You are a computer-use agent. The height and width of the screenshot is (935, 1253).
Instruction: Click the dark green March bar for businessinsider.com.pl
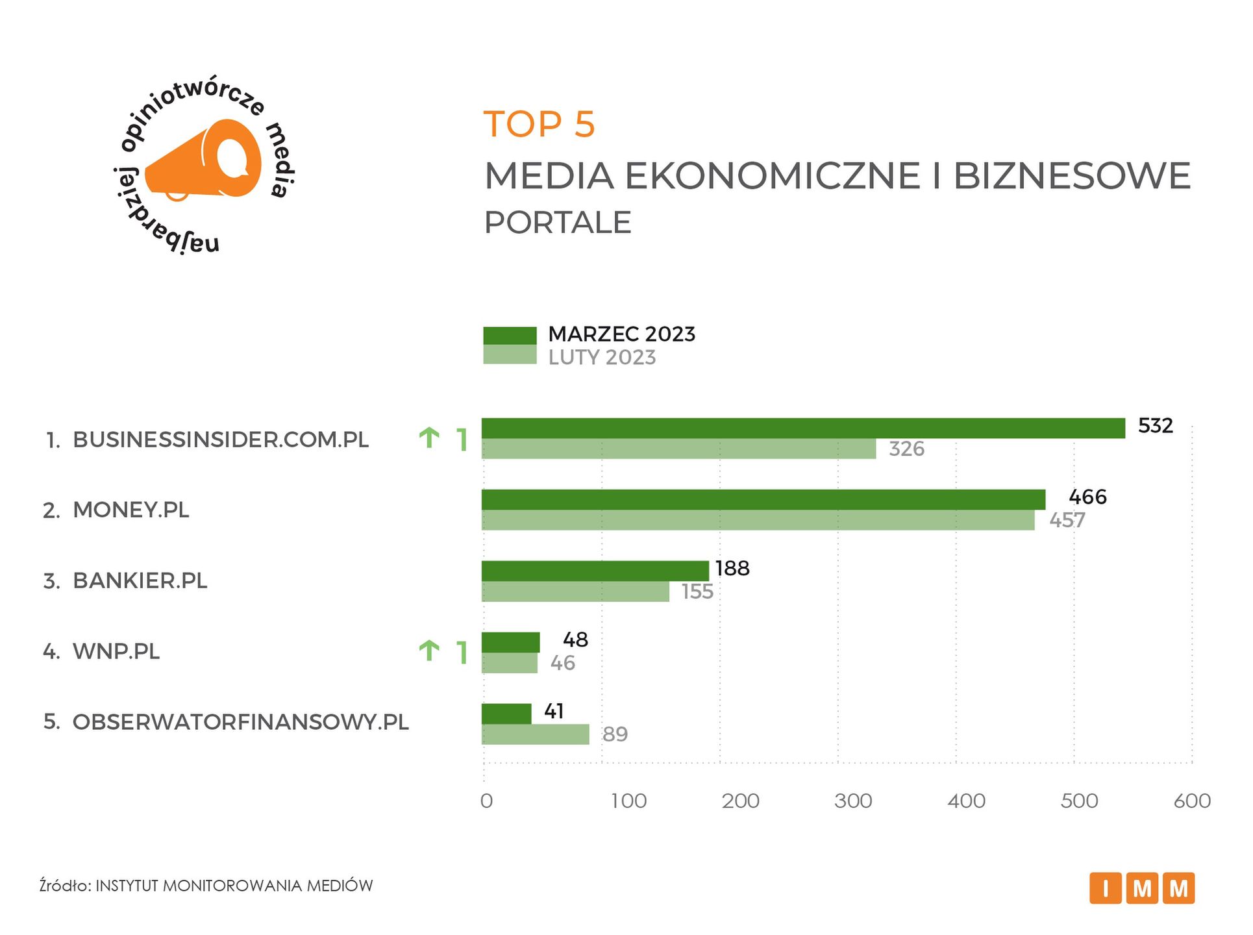coord(803,429)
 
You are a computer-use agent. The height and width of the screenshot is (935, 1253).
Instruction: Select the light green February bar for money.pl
coord(758,521)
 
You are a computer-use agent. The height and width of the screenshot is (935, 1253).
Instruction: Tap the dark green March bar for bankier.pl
coord(595,571)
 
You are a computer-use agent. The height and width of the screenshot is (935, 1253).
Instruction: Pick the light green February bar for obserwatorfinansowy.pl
coord(535,734)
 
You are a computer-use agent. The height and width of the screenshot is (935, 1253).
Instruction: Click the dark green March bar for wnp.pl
coord(510,642)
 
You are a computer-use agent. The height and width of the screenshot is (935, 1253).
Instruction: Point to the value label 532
coord(1156,426)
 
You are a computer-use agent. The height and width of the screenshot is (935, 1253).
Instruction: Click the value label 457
coord(1067,521)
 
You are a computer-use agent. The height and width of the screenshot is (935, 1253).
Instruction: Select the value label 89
coord(615,734)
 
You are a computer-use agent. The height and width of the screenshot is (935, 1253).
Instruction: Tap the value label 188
coord(732,569)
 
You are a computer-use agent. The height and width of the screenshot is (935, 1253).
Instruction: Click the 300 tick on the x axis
coord(853,801)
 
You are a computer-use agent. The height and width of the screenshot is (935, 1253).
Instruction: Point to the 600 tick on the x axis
coord(1192,801)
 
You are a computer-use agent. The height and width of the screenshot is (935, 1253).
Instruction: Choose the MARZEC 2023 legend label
coord(621,334)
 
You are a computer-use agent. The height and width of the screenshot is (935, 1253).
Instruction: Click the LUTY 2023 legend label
coord(602,358)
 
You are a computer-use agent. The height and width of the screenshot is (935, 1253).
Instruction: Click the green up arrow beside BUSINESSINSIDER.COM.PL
coord(429,438)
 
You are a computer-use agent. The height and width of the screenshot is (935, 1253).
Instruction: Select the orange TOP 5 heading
coord(539,124)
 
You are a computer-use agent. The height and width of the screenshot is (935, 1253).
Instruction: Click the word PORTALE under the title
coord(558,223)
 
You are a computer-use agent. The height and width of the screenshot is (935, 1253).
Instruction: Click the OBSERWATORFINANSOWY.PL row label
coord(240,722)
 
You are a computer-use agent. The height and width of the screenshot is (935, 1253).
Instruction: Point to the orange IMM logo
coord(1141,888)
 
